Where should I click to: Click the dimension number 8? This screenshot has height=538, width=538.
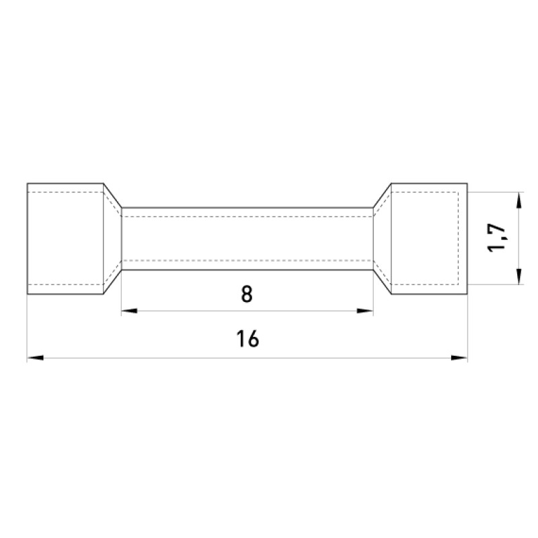point(247,294)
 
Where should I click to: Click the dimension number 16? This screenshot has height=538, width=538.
point(247,339)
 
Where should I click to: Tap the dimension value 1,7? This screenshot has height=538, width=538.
point(496,238)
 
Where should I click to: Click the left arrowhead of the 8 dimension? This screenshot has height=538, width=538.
point(129,311)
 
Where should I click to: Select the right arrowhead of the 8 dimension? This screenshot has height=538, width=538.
point(365,311)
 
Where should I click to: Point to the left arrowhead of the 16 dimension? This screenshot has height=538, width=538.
point(36,358)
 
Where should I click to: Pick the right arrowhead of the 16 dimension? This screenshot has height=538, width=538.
point(459,358)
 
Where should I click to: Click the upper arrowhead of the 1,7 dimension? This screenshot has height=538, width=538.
point(518,200)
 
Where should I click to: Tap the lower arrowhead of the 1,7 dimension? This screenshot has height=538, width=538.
point(518,276)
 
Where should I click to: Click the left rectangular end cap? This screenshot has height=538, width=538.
point(65,239)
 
